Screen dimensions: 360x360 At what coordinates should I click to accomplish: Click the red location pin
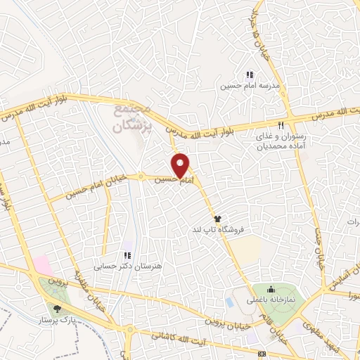click(x=182, y=165)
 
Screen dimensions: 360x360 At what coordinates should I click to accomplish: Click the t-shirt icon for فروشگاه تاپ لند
click(x=218, y=219)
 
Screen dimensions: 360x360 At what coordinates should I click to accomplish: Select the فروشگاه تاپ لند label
click(x=219, y=230)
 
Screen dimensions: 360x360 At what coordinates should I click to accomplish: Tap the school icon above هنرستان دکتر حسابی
click(x=127, y=256)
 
